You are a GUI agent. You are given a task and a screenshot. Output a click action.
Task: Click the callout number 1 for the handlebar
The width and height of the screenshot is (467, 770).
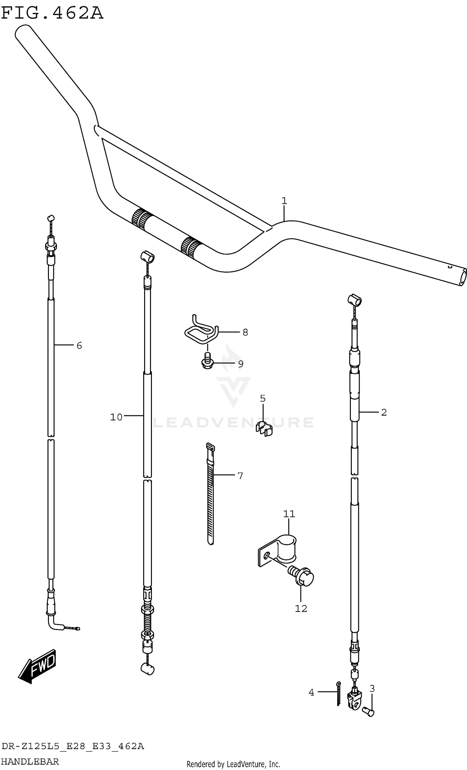284,201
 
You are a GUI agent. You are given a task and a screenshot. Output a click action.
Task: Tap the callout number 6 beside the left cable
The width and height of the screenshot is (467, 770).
79,345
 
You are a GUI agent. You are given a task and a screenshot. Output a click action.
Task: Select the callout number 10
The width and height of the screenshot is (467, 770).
116,417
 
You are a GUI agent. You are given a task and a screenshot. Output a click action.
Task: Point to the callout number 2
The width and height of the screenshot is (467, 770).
384,413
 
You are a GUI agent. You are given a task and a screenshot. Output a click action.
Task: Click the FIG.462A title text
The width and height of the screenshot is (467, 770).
52,13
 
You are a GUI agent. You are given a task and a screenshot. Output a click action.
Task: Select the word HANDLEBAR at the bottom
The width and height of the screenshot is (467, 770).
30,761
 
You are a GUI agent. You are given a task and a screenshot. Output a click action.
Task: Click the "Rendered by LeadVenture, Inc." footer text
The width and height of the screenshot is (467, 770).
233,764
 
